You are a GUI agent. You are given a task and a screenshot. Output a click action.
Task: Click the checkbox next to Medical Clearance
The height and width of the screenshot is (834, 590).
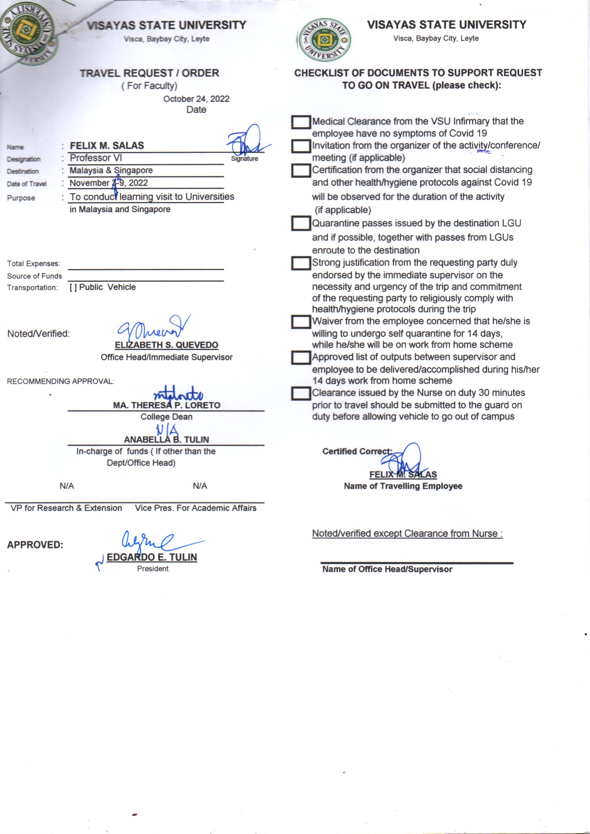pyautogui.click(x=300, y=122)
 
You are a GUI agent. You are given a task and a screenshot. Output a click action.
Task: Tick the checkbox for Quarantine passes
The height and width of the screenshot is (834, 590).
pyautogui.click(x=300, y=223)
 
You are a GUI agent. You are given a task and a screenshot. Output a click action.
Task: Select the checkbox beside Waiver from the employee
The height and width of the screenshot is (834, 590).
pyautogui.click(x=300, y=322)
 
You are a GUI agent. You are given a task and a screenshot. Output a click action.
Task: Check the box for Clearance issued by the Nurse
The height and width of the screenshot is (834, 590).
pyautogui.click(x=300, y=393)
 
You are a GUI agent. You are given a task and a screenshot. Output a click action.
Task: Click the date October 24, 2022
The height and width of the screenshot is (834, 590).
pyautogui.click(x=196, y=99)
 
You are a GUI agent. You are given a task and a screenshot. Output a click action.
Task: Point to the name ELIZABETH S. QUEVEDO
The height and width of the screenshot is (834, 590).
pyautogui.click(x=166, y=345)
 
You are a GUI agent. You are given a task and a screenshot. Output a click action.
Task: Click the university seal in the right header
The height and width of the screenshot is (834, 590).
pyautogui.click(x=324, y=40)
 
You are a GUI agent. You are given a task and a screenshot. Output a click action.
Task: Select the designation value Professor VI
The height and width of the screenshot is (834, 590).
pyautogui.click(x=96, y=158)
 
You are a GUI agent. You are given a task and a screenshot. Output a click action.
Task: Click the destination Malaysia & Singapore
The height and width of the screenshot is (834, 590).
pyautogui.click(x=111, y=171)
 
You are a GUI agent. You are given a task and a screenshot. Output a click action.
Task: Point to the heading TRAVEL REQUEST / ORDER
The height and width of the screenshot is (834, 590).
pyautogui.click(x=149, y=73)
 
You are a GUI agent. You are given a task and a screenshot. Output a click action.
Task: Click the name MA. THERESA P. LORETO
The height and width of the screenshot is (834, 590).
pyautogui.click(x=166, y=405)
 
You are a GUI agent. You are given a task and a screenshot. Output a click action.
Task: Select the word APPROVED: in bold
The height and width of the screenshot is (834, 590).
pyautogui.click(x=35, y=545)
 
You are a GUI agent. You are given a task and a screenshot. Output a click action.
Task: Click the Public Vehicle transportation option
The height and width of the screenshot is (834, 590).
pyautogui.click(x=103, y=287)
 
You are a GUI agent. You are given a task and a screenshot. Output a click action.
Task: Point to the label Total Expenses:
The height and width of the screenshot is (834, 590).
pyautogui.click(x=34, y=264)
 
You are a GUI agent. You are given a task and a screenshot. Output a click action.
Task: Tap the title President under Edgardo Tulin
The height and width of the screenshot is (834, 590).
pyautogui.click(x=153, y=569)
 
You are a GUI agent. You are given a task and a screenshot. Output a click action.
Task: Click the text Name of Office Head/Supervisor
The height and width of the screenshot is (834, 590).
pyautogui.click(x=387, y=569)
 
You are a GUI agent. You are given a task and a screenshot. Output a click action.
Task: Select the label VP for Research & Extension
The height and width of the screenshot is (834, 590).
pyautogui.click(x=66, y=508)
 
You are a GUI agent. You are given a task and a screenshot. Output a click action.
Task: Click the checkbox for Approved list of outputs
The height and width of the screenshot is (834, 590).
pyautogui.click(x=300, y=358)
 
